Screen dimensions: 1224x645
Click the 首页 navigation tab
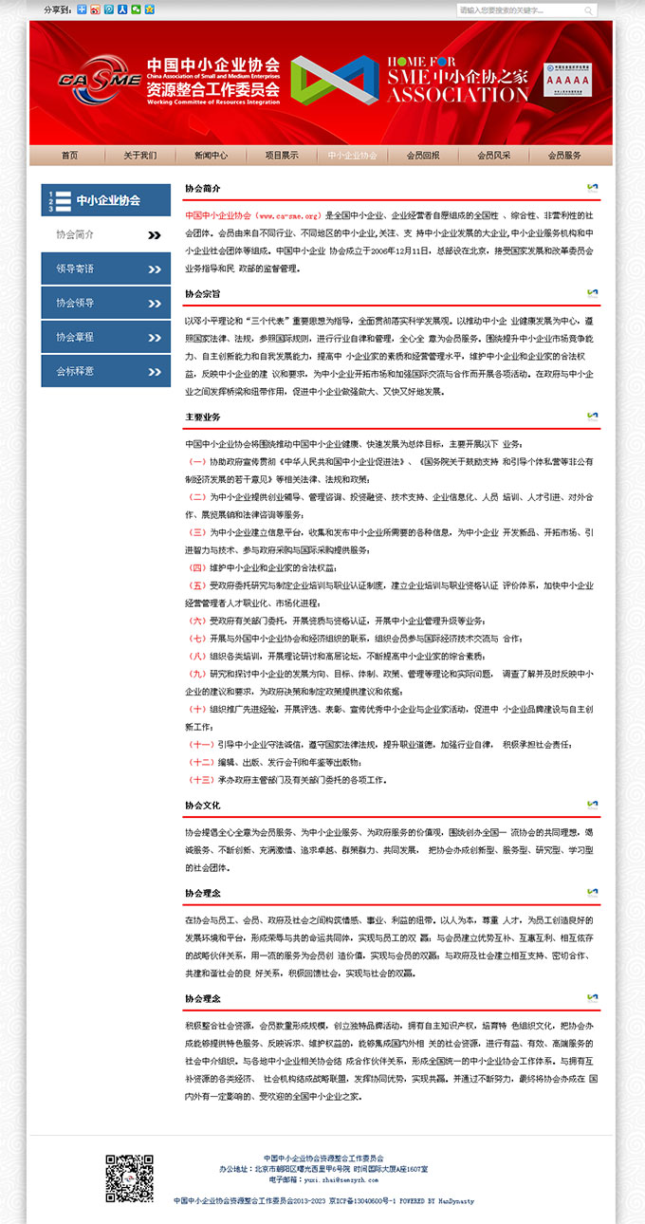coord(69,156)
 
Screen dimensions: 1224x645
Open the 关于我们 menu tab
coord(139,156)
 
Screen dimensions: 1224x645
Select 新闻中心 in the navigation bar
coord(211,156)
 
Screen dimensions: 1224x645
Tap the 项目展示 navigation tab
coord(282,156)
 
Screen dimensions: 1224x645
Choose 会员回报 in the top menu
coord(423,156)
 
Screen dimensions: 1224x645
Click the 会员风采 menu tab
coord(494,156)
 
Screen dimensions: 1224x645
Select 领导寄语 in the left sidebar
coord(106,269)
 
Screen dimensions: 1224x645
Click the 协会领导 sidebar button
coord(106,303)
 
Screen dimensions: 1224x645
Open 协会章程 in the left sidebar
coord(106,337)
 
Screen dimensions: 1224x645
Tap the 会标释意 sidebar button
coord(106,371)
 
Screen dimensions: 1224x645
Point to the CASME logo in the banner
coord(100,80)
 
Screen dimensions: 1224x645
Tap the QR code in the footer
coord(129,1178)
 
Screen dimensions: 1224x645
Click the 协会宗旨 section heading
coord(203,294)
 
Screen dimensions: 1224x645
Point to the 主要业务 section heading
coord(203,417)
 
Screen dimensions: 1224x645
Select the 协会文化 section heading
coord(203,806)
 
